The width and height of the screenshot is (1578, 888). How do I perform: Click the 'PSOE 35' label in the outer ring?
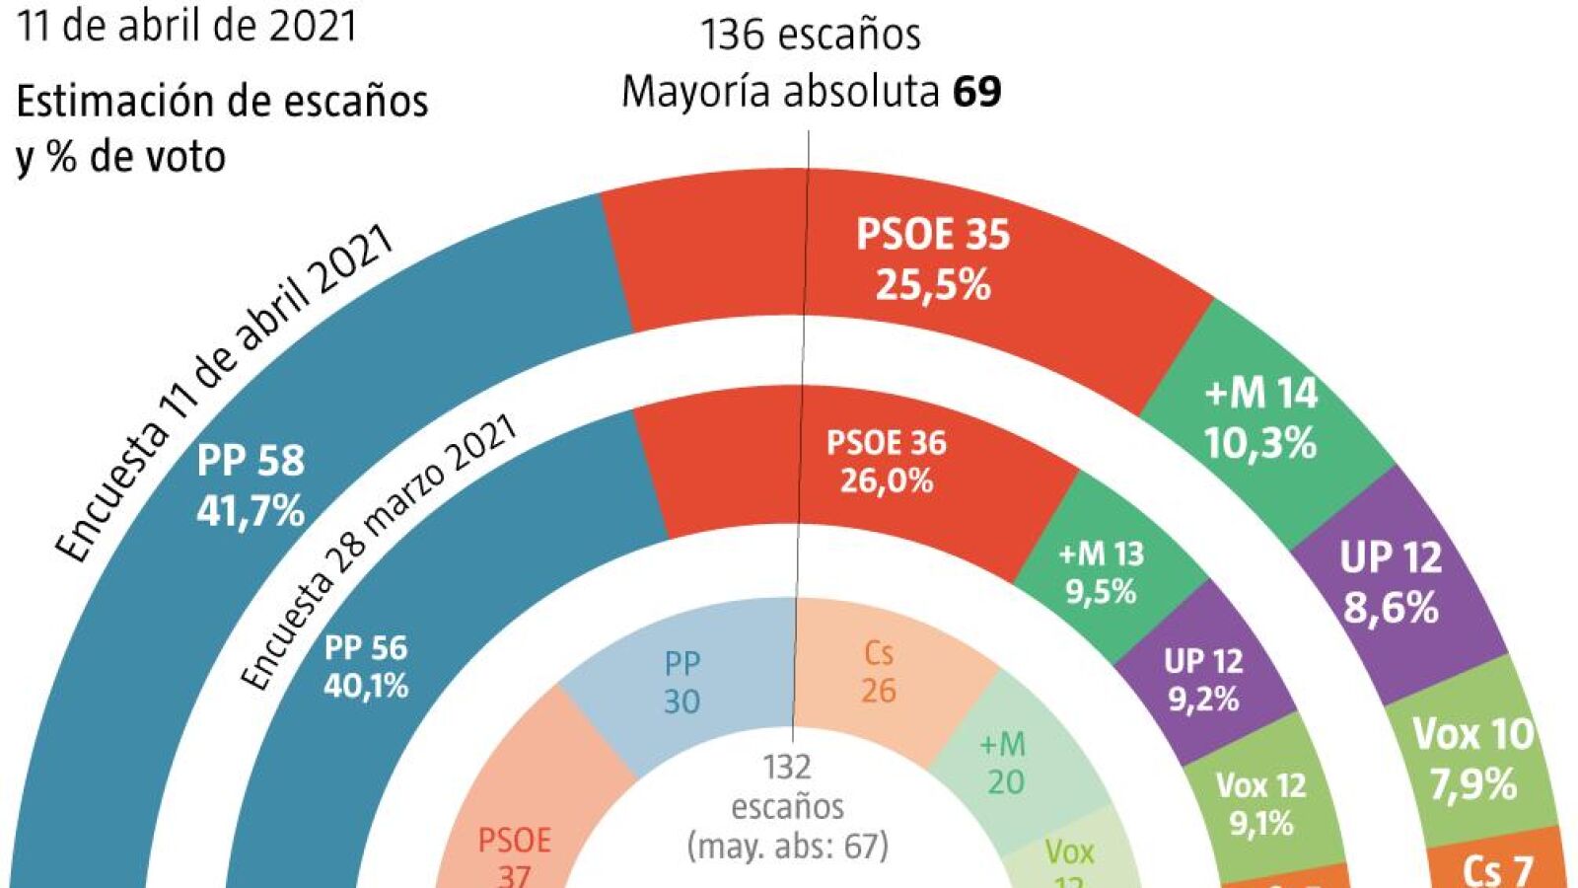tap(933, 236)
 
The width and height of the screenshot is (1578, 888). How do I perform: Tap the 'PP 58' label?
tap(251, 461)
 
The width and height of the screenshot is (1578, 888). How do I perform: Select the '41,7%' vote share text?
tap(251, 511)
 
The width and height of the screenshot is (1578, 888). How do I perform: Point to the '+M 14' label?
tap(1260, 394)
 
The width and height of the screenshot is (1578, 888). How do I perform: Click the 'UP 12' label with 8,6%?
tap(1391, 558)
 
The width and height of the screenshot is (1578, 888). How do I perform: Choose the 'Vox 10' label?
tap(1472, 734)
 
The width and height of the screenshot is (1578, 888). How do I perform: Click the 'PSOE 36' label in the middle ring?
tap(886, 443)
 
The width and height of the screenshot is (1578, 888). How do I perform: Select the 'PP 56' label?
tap(366, 648)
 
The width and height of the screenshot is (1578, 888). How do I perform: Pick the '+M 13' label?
tap(1101, 555)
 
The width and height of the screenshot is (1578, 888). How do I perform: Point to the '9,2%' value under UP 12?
tap(1203, 699)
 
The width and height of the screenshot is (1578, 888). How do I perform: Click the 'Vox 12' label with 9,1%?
tap(1260, 785)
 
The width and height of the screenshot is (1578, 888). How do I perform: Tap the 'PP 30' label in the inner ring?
tap(681, 682)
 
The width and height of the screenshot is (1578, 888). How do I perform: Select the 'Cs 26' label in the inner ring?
tap(878, 671)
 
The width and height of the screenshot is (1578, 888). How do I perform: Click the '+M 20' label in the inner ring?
tap(1004, 763)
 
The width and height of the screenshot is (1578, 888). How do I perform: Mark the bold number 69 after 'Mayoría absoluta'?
tap(977, 92)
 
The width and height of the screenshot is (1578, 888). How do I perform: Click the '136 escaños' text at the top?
tap(810, 36)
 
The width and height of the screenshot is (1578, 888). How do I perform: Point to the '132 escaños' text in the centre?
tap(787, 786)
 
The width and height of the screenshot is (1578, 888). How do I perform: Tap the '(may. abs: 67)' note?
tap(787, 846)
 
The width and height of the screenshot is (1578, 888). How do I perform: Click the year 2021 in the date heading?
tap(314, 25)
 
